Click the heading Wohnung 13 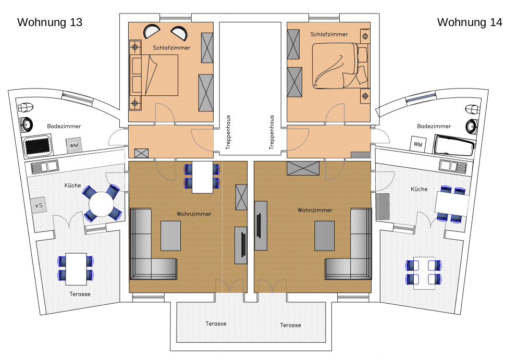50,22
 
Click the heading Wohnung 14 470,22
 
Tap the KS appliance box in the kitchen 39,205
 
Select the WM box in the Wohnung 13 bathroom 73,145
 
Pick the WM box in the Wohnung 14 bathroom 418,144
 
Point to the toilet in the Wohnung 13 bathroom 26,107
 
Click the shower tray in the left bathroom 37,146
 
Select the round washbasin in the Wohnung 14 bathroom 471,126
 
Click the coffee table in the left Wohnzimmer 170,235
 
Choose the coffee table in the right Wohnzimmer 325,235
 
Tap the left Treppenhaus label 228,132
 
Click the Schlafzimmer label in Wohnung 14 329,34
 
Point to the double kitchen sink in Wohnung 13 44,166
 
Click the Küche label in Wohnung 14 419,189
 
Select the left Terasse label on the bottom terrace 216,324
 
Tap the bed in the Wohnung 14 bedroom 340,66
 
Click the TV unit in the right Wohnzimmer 261,226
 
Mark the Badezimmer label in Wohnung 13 64,126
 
